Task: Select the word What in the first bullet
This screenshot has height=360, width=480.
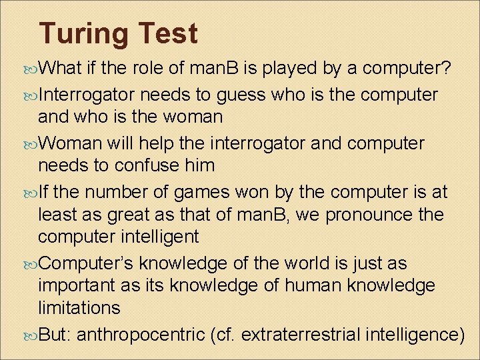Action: pos(61,68)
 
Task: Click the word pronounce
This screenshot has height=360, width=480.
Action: pos(353,216)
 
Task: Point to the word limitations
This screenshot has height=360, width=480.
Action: pos(79,307)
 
